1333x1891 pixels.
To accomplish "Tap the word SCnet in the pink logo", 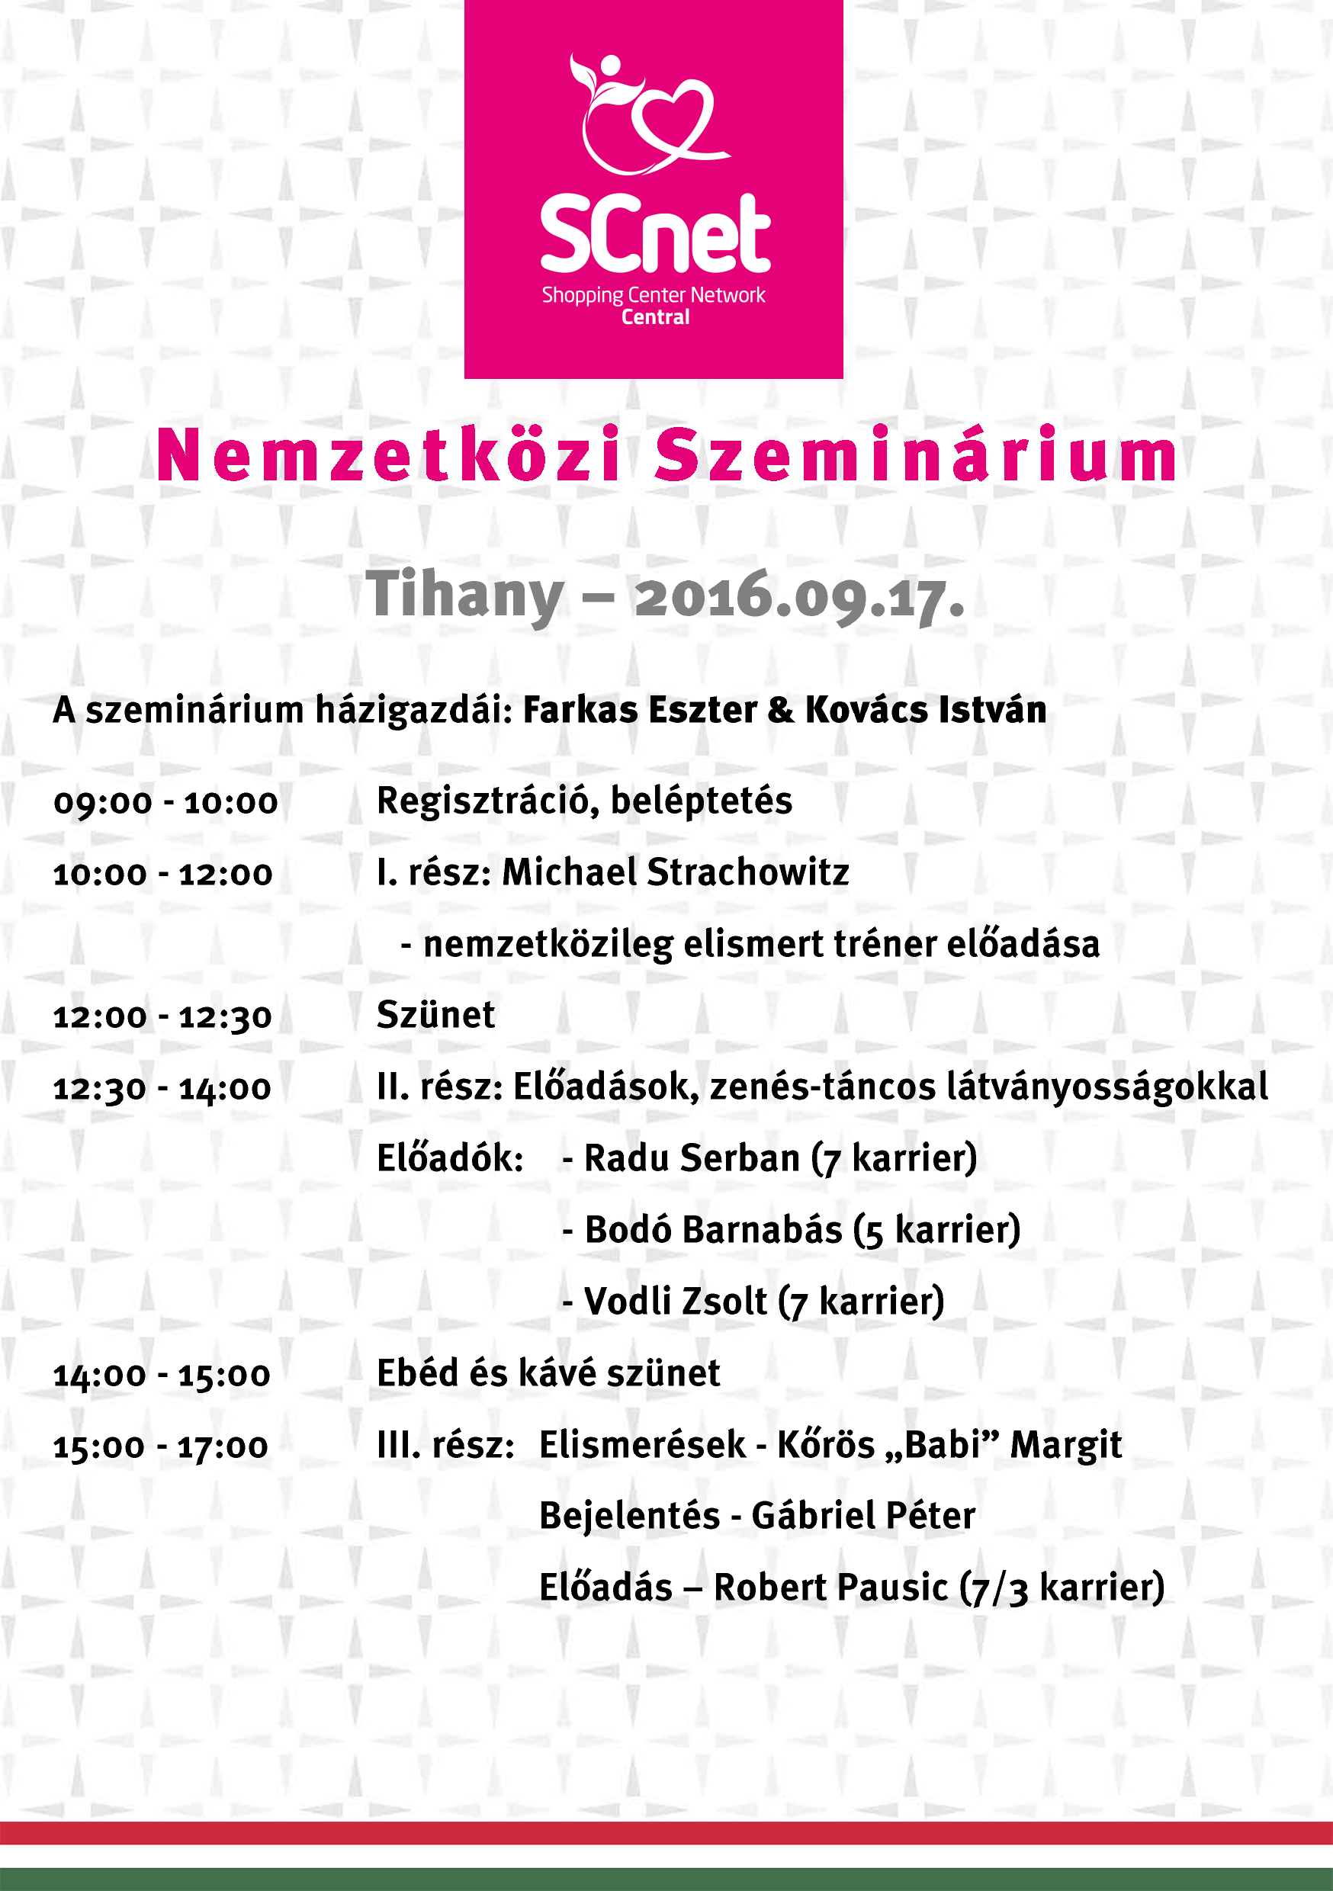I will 655,235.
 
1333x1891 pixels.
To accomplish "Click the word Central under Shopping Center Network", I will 655,317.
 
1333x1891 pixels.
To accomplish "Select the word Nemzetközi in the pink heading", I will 389,455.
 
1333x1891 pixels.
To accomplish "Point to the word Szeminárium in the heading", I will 917,455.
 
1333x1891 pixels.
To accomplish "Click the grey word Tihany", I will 465,595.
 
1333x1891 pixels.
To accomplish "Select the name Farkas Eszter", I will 639,710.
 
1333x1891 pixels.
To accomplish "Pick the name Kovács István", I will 925,710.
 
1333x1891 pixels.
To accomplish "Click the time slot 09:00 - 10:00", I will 165,802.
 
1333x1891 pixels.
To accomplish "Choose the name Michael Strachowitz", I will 676,872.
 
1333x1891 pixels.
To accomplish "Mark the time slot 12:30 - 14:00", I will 162,1088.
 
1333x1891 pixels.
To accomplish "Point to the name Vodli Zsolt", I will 676,1302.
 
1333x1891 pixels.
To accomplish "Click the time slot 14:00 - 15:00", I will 162,1375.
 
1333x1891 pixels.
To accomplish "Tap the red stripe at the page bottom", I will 666,1832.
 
